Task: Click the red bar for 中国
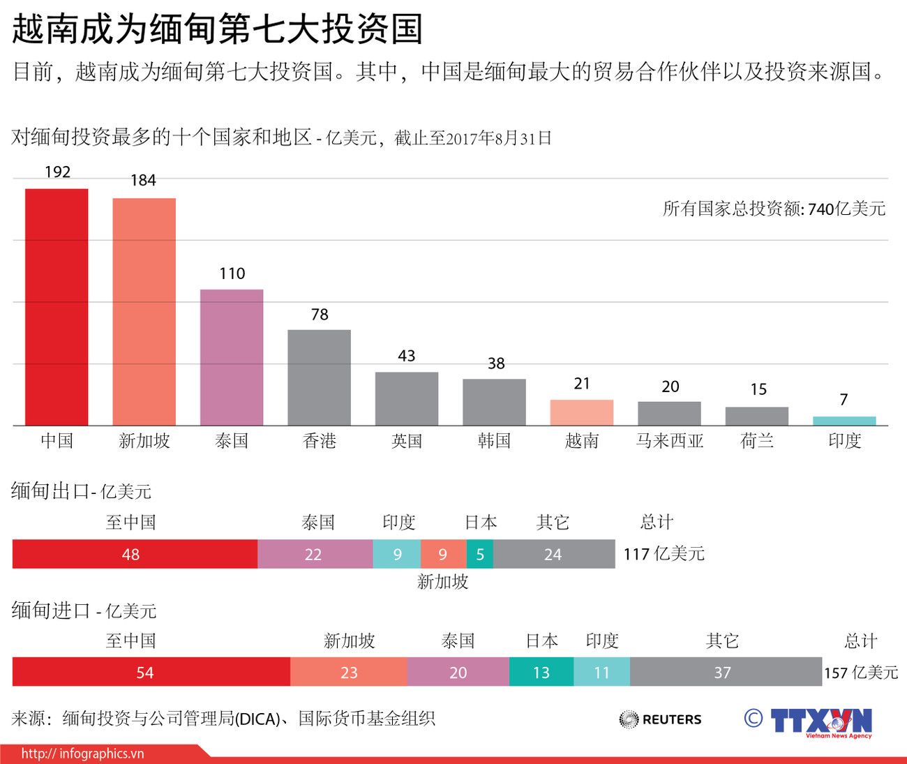click(x=57, y=307)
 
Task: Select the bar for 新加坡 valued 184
click(x=144, y=312)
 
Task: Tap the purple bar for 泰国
click(x=232, y=357)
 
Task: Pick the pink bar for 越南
click(x=581, y=412)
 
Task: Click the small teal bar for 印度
click(x=844, y=421)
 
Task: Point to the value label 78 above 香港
click(x=320, y=315)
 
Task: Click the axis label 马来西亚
click(x=669, y=441)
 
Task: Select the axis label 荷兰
click(x=757, y=441)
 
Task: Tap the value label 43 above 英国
click(x=407, y=356)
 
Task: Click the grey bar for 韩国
click(x=494, y=402)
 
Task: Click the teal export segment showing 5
click(x=480, y=554)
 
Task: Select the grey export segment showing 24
click(x=554, y=554)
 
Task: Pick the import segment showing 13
click(x=541, y=672)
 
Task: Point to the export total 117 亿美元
click(x=664, y=554)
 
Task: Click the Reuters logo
click(x=660, y=719)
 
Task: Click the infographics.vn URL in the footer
click(x=82, y=754)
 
